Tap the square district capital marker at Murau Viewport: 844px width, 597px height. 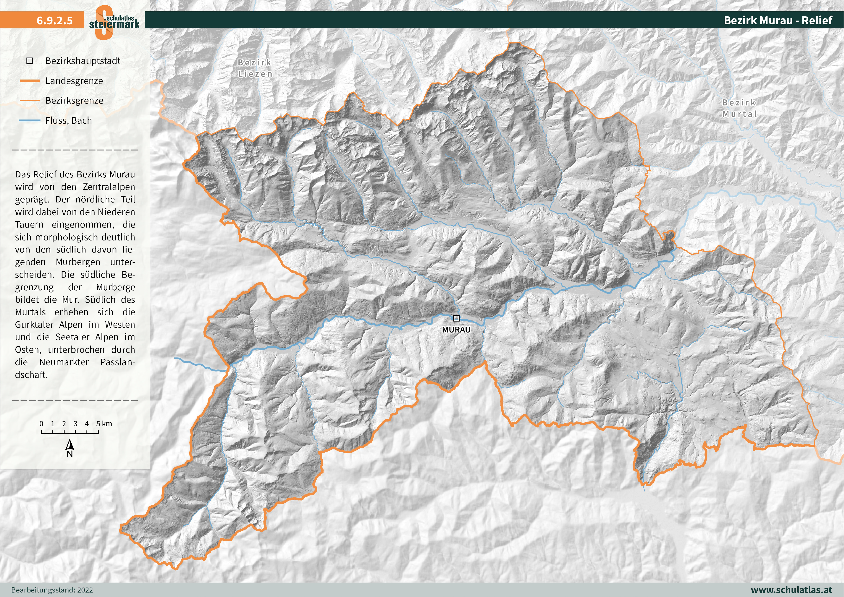(456, 318)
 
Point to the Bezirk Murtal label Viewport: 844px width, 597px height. (740, 108)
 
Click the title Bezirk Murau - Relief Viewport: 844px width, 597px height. (778, 20)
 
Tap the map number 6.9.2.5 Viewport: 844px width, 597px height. (55, 20)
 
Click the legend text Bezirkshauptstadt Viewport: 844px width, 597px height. (83, 61)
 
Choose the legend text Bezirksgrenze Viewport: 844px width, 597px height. (74, 100)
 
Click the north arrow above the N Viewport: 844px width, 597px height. (70, 445)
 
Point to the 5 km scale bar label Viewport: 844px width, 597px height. (104, 424)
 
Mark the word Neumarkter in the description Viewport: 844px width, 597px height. (64, 362)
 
